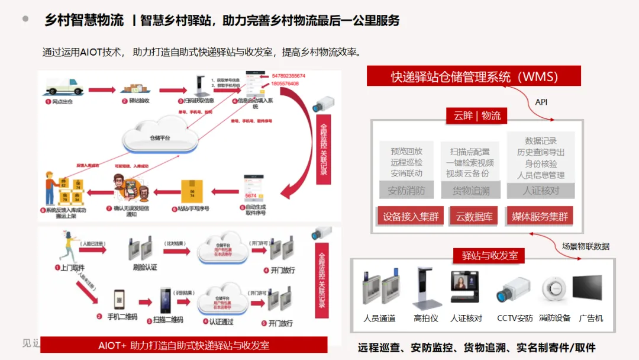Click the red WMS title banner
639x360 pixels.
pos(474,76)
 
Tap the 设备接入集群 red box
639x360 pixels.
pos(411,216)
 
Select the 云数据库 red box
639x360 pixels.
pos(474,216)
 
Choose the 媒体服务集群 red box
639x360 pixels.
pos(540,216)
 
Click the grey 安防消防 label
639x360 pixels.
pos(406,191)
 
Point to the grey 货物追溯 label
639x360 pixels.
pos(471,191)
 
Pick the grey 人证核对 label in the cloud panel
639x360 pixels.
pos(541,191)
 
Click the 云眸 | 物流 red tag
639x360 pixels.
pos(477,115)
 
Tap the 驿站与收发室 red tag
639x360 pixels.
pos(489,255)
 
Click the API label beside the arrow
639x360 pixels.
pos(541,102)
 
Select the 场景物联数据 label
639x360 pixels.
pos(585,246)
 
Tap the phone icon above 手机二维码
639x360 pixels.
pos(120,300)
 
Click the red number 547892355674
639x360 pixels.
pos(289,76)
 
